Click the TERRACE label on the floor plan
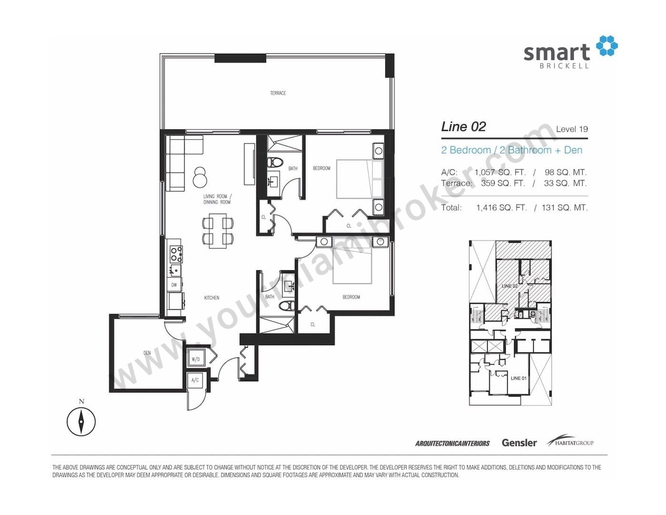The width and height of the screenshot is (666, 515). point(278,93)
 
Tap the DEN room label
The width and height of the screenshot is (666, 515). point(147,353)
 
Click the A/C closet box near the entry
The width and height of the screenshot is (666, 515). point(195,380)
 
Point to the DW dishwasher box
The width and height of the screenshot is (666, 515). point(174,285)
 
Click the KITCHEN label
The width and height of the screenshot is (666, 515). point(212,297)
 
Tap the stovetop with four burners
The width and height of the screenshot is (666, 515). point(176,255)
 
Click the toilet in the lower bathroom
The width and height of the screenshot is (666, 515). point(287,305)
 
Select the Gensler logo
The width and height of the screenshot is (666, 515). point(519,443)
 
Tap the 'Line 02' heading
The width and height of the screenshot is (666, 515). point(463,127)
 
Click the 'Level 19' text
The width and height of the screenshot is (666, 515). point(572,129)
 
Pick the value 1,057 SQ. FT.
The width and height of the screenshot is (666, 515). point(500,172)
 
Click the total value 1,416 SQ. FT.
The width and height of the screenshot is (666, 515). point(501,208)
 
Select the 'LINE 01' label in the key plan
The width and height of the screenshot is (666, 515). point(519,378)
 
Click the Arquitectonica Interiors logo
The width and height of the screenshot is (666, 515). point(452,443)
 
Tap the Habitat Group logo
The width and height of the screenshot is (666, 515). point(570,441)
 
